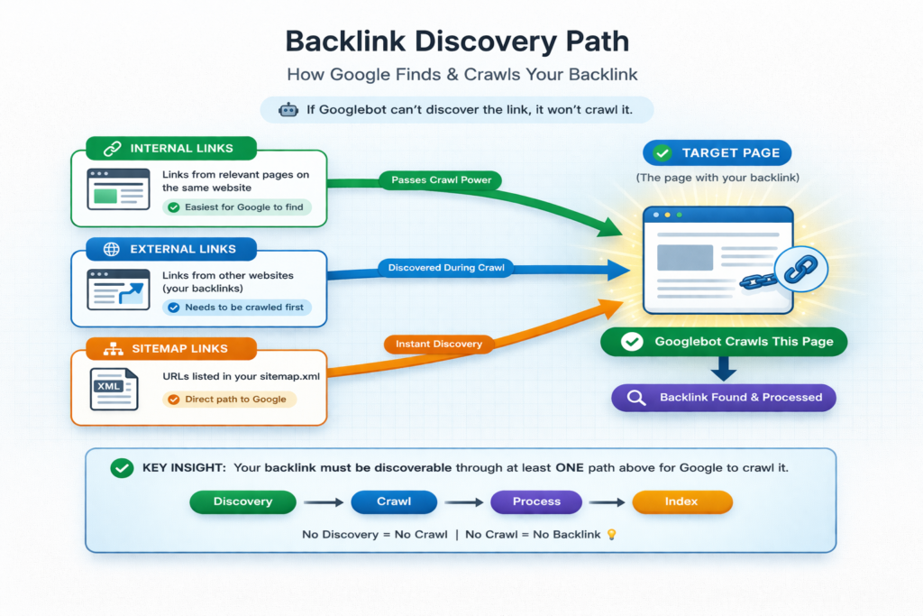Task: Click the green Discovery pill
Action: (x=242, y=501)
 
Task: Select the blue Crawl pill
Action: (x=394, y=501)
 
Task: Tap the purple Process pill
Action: (x=536, y=501)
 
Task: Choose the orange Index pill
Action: (x=682, y=501)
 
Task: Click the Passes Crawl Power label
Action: (x=440, y=180)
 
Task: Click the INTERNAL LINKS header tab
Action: (x=171, y=149)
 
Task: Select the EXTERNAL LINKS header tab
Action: (x=171, y=249)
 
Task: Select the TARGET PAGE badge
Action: (x=717, y=152)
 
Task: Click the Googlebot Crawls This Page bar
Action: (x=725, y=342)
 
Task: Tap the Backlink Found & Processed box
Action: (x=723, y=397)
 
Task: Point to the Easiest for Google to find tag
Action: (x=236, y=207)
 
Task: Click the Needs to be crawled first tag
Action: (x=236, y=308)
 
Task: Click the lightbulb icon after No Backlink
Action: (x=611, y=535)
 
